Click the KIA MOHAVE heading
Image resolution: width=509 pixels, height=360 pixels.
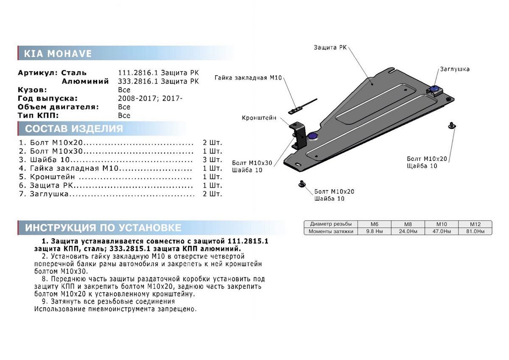tap(58, 54)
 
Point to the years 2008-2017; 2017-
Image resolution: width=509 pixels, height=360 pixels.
tap(150, 98)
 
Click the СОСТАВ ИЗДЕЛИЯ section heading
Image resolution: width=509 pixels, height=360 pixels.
tap(74, 129)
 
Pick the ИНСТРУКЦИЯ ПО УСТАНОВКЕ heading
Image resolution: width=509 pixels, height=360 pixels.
tap(103, 228)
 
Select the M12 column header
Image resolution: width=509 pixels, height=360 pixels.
tap(475, 224)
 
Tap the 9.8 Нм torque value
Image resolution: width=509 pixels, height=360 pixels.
tap(374, 231)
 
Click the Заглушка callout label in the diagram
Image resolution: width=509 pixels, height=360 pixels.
tap(454, 69)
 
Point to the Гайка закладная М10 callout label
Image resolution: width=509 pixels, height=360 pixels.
tap(249, 78)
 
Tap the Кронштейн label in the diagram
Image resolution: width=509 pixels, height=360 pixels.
tap(259, 118)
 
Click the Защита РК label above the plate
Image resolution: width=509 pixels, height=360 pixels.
tap(330, 48)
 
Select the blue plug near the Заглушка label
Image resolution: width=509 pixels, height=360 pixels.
tap(435, 88)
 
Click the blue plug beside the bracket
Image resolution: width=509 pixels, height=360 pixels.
tap(313, 135)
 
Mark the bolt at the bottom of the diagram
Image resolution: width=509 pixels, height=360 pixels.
tap(302, 183)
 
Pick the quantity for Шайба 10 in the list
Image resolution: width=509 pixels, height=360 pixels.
tap(213, 160)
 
